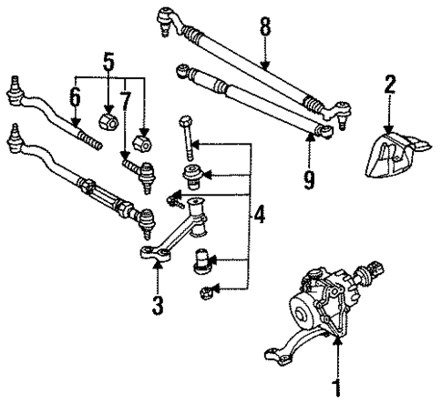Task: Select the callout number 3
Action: click(x=157, y=304)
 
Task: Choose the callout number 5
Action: click(x=109, y=63)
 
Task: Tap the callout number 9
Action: click(x=309, y=179)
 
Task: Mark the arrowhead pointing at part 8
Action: click(x=265, y=67)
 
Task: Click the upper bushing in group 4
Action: click(x=194, y=175)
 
